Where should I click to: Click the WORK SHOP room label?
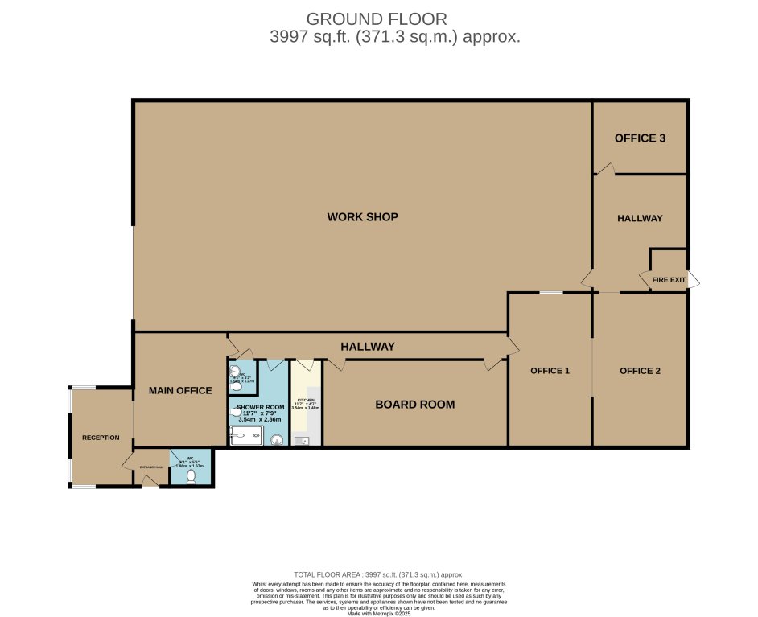pyautogui.click(x=362, y=217)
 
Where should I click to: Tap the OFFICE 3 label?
pyautogui.click(x=640, y=138)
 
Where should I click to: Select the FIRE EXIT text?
pyautogui.click(x=669, y=280)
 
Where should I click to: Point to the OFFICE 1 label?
pyautogui.click(x=550, y=371)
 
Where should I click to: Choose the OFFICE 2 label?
pyautogui.click(x=640, y=371)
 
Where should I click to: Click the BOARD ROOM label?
pyautogui.click(x=415, y=405)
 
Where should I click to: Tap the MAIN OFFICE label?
pyautogui.click(x=180, y=391)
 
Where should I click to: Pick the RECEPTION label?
pyautogui.click(x=101, y=438)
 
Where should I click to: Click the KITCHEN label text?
pyautogui.click(x=306, y=401)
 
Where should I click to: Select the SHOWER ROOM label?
pyautogui.click(x=260, y=408)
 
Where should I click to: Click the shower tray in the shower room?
pyautogui.click(x=246, y=436)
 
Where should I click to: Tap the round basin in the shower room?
pyautogui.click(x=277, y=439)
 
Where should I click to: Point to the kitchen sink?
pyautogui.click(x=303, y=440)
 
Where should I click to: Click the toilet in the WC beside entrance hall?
pyautogui.click(x=191, y=476)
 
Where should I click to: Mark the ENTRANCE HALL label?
pyautogui.click(x=151, y=467)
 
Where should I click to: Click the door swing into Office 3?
pyautogui.click(x=605, y=168)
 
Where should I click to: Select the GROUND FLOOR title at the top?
pyautogui.click(x=377, y=19)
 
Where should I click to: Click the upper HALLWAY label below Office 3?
pyautogui.click(x=640, y=219)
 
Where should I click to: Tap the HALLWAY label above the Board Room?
pyautogui.click(x=367, y=347)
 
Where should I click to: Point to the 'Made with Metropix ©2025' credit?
pyautogui.click(x=378, y=614)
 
